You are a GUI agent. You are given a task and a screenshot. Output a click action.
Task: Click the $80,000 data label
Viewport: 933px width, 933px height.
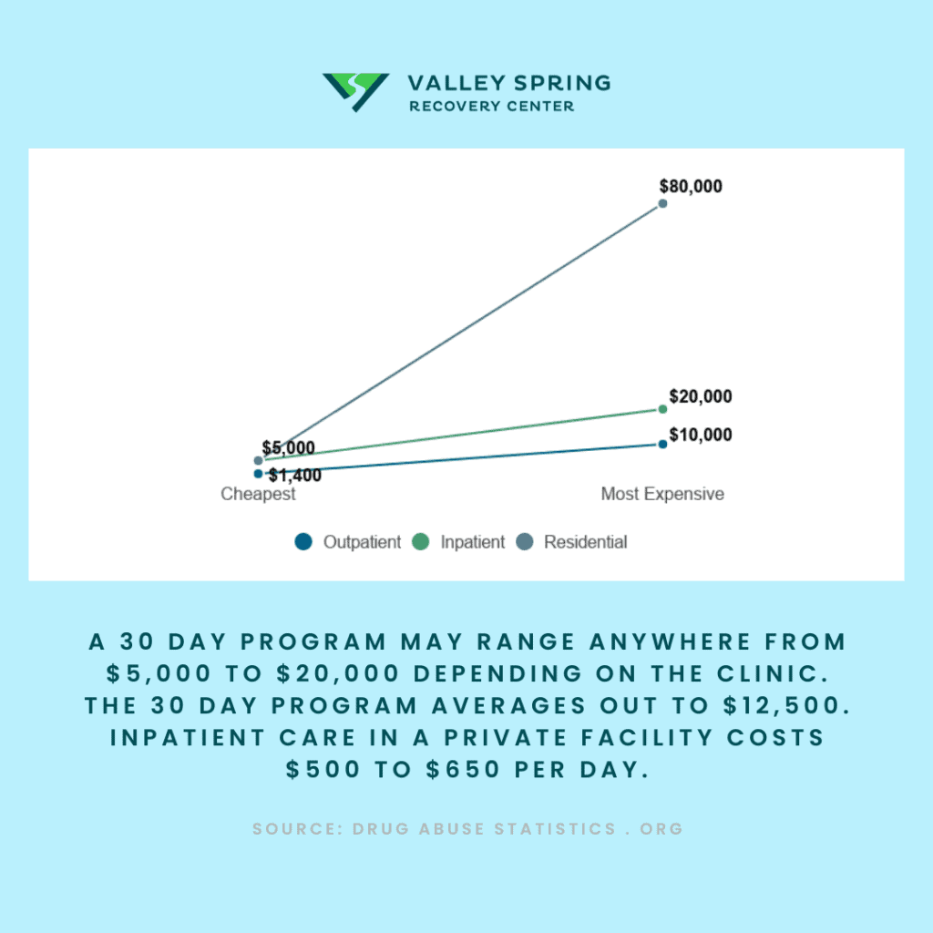click(691, 186)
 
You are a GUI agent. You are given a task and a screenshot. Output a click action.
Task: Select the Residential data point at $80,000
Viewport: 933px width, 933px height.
click(662, 203)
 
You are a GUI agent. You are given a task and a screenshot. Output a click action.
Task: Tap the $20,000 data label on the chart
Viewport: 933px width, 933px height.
click(701, 396)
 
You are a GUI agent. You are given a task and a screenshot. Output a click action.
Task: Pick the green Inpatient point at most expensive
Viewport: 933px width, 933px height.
click(662, 409)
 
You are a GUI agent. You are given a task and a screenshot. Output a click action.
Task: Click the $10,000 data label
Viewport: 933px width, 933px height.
click(701, 435)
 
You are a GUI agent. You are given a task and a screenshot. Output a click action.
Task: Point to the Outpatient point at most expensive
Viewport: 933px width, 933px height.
click(662, 444)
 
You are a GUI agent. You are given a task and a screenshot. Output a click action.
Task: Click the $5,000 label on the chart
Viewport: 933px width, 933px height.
click(289, 447)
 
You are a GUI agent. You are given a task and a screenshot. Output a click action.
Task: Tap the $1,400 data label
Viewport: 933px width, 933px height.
click(294, 475)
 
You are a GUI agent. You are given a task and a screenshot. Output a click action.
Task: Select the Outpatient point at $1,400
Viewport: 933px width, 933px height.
click(258, 474)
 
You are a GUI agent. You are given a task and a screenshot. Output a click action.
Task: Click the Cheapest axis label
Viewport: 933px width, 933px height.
click(258, 494)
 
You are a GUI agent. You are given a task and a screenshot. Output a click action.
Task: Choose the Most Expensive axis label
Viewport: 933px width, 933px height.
click(662, 494)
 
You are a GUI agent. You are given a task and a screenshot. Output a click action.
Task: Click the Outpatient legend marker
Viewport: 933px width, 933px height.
click(303, 541)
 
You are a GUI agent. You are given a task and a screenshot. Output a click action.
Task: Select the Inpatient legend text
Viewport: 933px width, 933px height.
click(473, 542)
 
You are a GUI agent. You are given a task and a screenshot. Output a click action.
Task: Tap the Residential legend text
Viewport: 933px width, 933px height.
click(586, 542)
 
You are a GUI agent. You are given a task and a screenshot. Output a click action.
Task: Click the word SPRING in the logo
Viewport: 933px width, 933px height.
click(563, 83)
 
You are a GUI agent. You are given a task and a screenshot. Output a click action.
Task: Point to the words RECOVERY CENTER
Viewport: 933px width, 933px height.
click(491, 106)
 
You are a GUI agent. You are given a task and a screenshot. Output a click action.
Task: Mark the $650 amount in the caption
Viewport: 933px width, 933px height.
click(463, 769)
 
